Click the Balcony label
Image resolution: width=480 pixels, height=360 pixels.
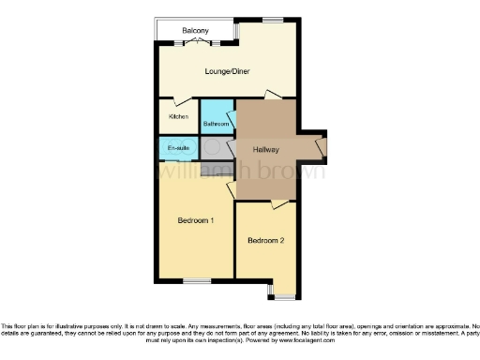195,31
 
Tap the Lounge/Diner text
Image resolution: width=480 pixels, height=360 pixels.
227,71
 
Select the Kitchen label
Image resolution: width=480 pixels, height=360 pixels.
178,116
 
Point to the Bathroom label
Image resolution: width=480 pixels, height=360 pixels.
217,123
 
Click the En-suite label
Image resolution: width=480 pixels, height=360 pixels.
178,149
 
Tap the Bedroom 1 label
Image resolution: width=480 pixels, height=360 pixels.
197,221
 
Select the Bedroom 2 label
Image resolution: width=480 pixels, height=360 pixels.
265,241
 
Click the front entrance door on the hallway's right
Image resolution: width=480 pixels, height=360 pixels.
322,147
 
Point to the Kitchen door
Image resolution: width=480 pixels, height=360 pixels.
180,100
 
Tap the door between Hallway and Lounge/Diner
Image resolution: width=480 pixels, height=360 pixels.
271,95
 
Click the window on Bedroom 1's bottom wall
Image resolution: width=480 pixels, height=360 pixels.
196,280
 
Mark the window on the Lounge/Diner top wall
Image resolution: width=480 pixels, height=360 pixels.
273,20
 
